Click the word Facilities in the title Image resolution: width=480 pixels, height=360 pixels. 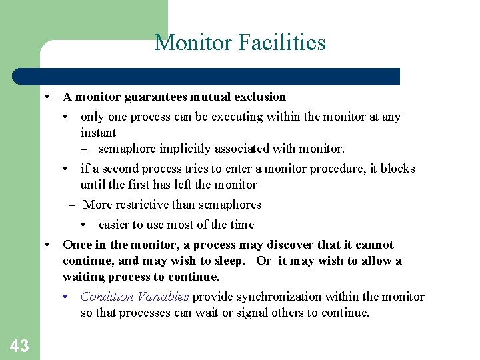tap(283, 43)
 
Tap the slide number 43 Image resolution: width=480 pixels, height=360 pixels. tap(19, 345)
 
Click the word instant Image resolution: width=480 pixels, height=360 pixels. tap(98, 133)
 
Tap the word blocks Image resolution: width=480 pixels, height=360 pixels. tap(397, 169)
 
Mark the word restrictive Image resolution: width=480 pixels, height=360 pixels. tap(141, 205)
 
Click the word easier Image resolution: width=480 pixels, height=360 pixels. tap(117, 225)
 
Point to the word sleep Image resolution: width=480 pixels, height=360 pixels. tap(229, 261)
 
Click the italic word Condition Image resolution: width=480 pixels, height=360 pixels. tap(107, 297)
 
